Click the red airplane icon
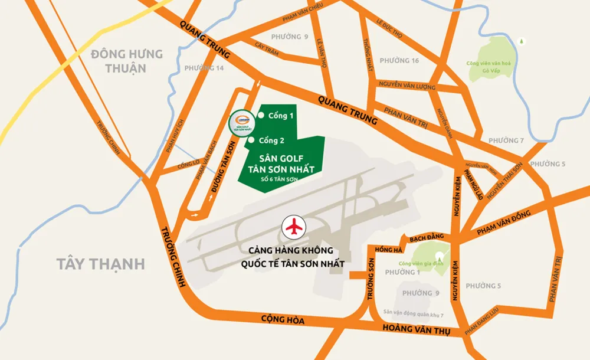[x=293, y=225]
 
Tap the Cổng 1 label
[x=280, y=116]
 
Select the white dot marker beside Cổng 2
[x=252, y=140]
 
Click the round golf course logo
[x=241, y=123]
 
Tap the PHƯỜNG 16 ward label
[x=399, y=61]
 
